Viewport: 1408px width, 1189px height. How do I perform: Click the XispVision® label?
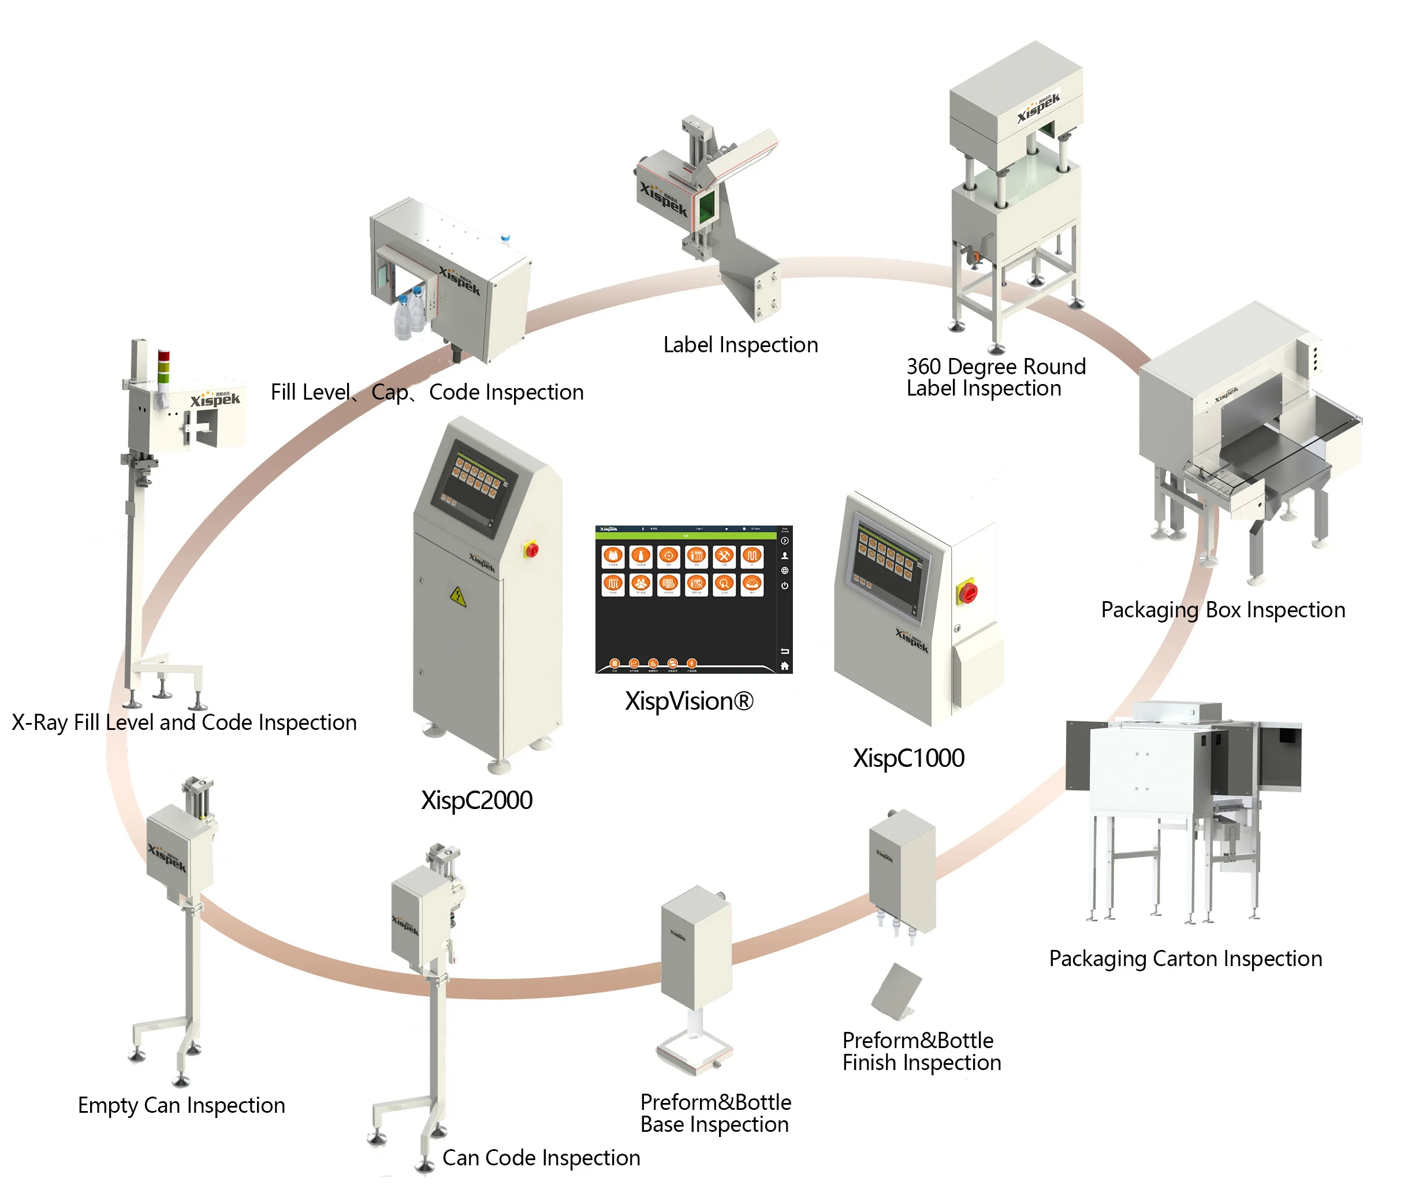[688, 701]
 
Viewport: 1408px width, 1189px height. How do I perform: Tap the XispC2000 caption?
[476, 800]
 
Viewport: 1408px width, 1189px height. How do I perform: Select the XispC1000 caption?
[908, 758]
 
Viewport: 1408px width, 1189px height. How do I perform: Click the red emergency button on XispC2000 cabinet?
[531, 549]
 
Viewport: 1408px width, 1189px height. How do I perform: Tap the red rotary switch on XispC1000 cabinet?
[967, 592]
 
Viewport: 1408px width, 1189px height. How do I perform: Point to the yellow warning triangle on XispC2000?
[457, 596]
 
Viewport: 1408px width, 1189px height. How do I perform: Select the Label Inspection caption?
[740, 345]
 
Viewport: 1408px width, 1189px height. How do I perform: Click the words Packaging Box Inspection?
[1222, 609]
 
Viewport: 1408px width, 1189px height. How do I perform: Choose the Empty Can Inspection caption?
[181, 1105]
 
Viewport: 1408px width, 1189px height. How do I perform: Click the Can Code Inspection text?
[541, 1157]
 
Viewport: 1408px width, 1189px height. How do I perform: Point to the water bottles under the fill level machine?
[411, 314]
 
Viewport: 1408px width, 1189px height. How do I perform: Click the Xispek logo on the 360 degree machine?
[1038, 106]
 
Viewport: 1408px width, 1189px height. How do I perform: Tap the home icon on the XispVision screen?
[784, 665]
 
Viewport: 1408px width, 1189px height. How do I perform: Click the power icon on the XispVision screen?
[784, 585]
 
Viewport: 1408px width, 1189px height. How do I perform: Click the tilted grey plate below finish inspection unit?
[896, 991]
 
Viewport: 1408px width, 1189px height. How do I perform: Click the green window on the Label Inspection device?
[706, 206]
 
